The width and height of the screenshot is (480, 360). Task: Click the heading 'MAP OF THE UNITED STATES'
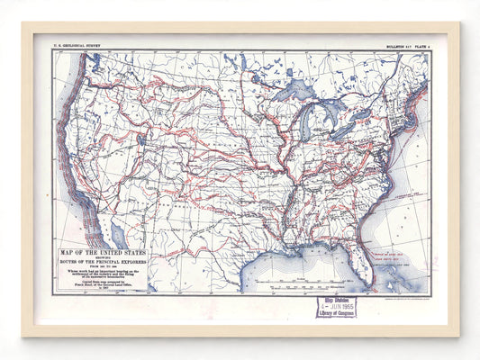pyautogui.click(x=100, y=253)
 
